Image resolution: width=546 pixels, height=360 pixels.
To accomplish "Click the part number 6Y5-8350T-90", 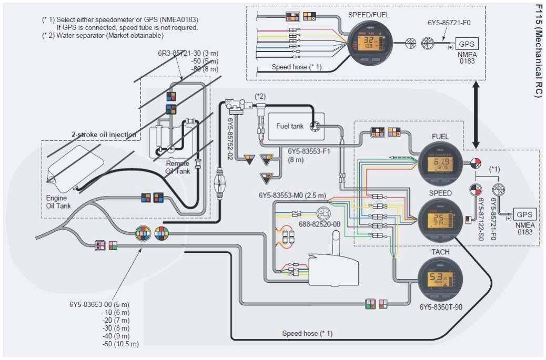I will (x=441, y=307).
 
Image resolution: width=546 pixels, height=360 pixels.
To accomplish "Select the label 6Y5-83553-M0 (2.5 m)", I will (x=292, y=195).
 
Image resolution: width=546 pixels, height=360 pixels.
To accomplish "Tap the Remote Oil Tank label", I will (x=177, y=167).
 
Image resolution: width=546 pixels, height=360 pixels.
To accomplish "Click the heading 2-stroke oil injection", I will (x=104, y=135).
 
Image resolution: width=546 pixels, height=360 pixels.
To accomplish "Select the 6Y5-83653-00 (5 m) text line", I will (x=99, y=305).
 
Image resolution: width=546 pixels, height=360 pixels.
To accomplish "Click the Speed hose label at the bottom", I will (x=307, y=333).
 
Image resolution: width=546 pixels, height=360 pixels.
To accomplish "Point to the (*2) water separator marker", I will (x=260, y=97).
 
